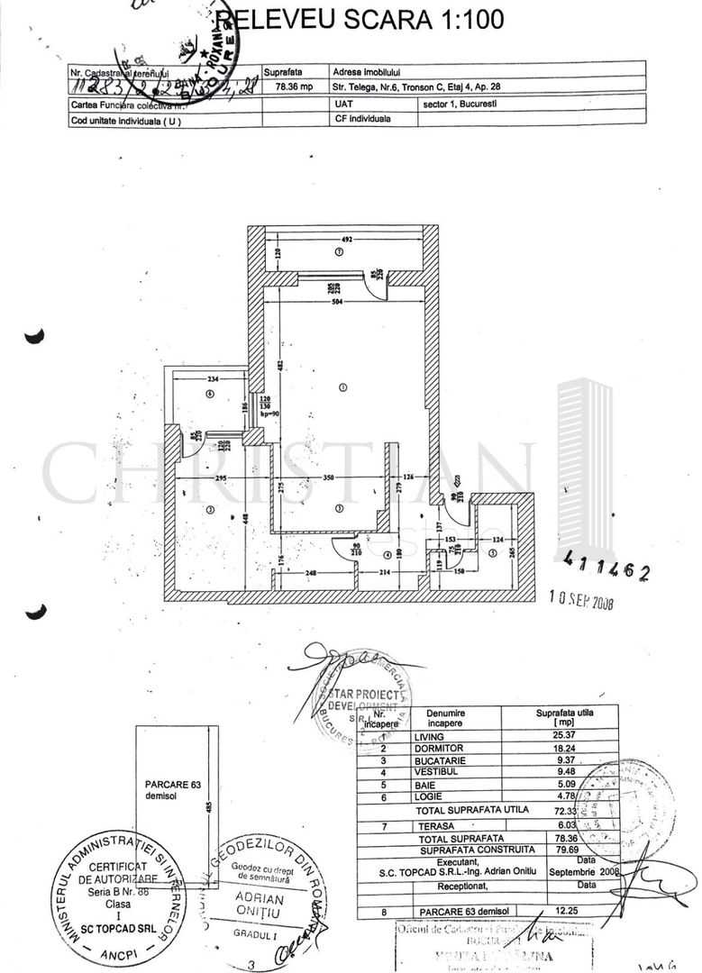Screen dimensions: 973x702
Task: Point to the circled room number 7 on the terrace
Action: click(338, 254)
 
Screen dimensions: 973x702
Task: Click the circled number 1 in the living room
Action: click(342, 387)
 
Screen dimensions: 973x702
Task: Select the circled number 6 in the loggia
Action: click(209, 394)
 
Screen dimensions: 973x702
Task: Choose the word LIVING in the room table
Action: click(430, 736)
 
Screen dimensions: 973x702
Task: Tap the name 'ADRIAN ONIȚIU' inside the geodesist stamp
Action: click(259, 905)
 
